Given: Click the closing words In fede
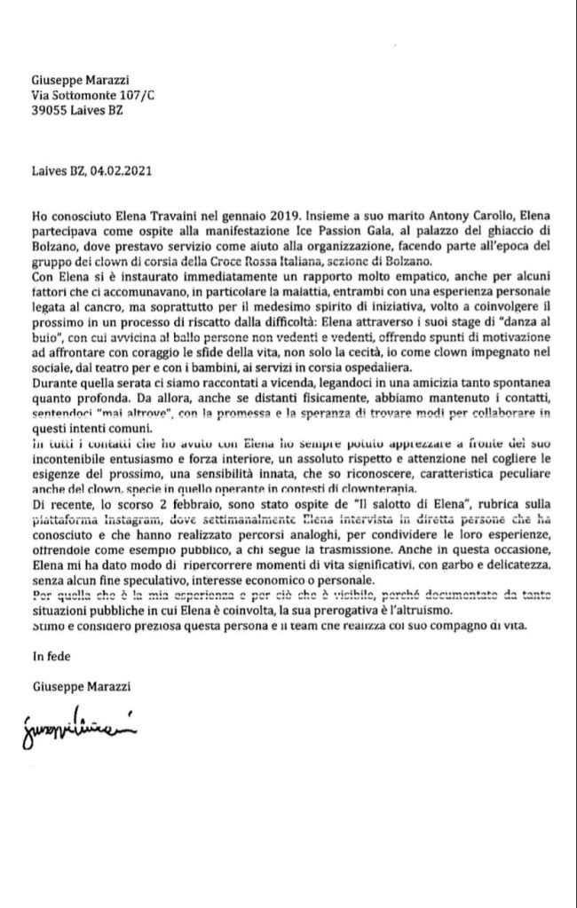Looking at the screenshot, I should (51, 659).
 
